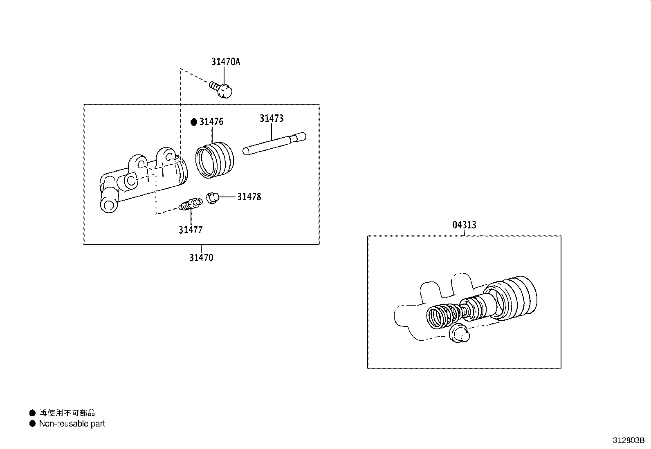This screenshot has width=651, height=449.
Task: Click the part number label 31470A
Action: coord(226,62)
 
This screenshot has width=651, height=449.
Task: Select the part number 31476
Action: coord(211,122)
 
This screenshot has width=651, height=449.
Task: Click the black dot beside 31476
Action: coord(194,122)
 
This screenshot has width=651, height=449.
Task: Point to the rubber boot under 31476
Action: coord(215,160)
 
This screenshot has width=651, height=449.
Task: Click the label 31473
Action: coord(272,118)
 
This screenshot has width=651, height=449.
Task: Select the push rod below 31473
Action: coord(274,143)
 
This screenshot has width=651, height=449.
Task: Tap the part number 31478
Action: coord(249,197)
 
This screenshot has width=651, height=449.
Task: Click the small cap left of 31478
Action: coord(213,198)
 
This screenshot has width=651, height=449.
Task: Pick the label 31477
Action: coord(191,230)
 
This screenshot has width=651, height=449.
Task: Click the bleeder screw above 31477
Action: coord(191,204)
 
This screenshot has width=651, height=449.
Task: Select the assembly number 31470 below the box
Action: coord(201,258)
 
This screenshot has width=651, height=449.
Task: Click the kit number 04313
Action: coord(464,225)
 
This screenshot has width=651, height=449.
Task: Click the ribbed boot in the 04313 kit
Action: coord(511,298)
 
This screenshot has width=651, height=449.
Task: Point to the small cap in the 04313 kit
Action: coord(459,333)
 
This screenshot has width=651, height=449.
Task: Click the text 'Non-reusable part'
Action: coord(72,424)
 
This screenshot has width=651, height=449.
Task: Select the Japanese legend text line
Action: coord(67,413)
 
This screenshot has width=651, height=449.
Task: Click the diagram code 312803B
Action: coord(629,440)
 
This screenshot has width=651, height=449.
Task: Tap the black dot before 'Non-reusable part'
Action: coord(32,424)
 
